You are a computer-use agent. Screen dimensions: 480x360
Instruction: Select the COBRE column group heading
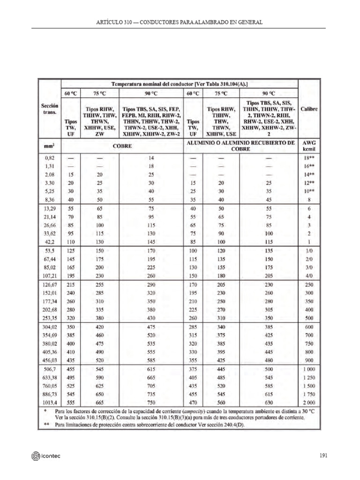pos(122,146)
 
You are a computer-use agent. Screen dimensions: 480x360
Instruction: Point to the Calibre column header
pos(309,109)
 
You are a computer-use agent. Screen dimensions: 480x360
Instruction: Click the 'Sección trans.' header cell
pos(50,109)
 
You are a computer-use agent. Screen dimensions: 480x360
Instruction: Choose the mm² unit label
pos(50,146)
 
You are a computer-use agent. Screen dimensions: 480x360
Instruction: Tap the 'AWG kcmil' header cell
pos(309,146)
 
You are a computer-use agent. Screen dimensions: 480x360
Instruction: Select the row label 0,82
pos(50,158)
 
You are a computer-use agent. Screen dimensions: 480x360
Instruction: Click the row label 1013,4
pos(50,402)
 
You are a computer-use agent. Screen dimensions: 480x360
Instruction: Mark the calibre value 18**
pos(309,158)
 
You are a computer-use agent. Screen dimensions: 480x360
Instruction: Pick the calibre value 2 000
pos(309,402)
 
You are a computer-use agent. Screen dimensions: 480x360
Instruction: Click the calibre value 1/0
pos(309,251)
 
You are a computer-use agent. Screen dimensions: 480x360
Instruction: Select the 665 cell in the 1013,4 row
pos(99,402)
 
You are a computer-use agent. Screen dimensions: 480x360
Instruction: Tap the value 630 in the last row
pos(269,402)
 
